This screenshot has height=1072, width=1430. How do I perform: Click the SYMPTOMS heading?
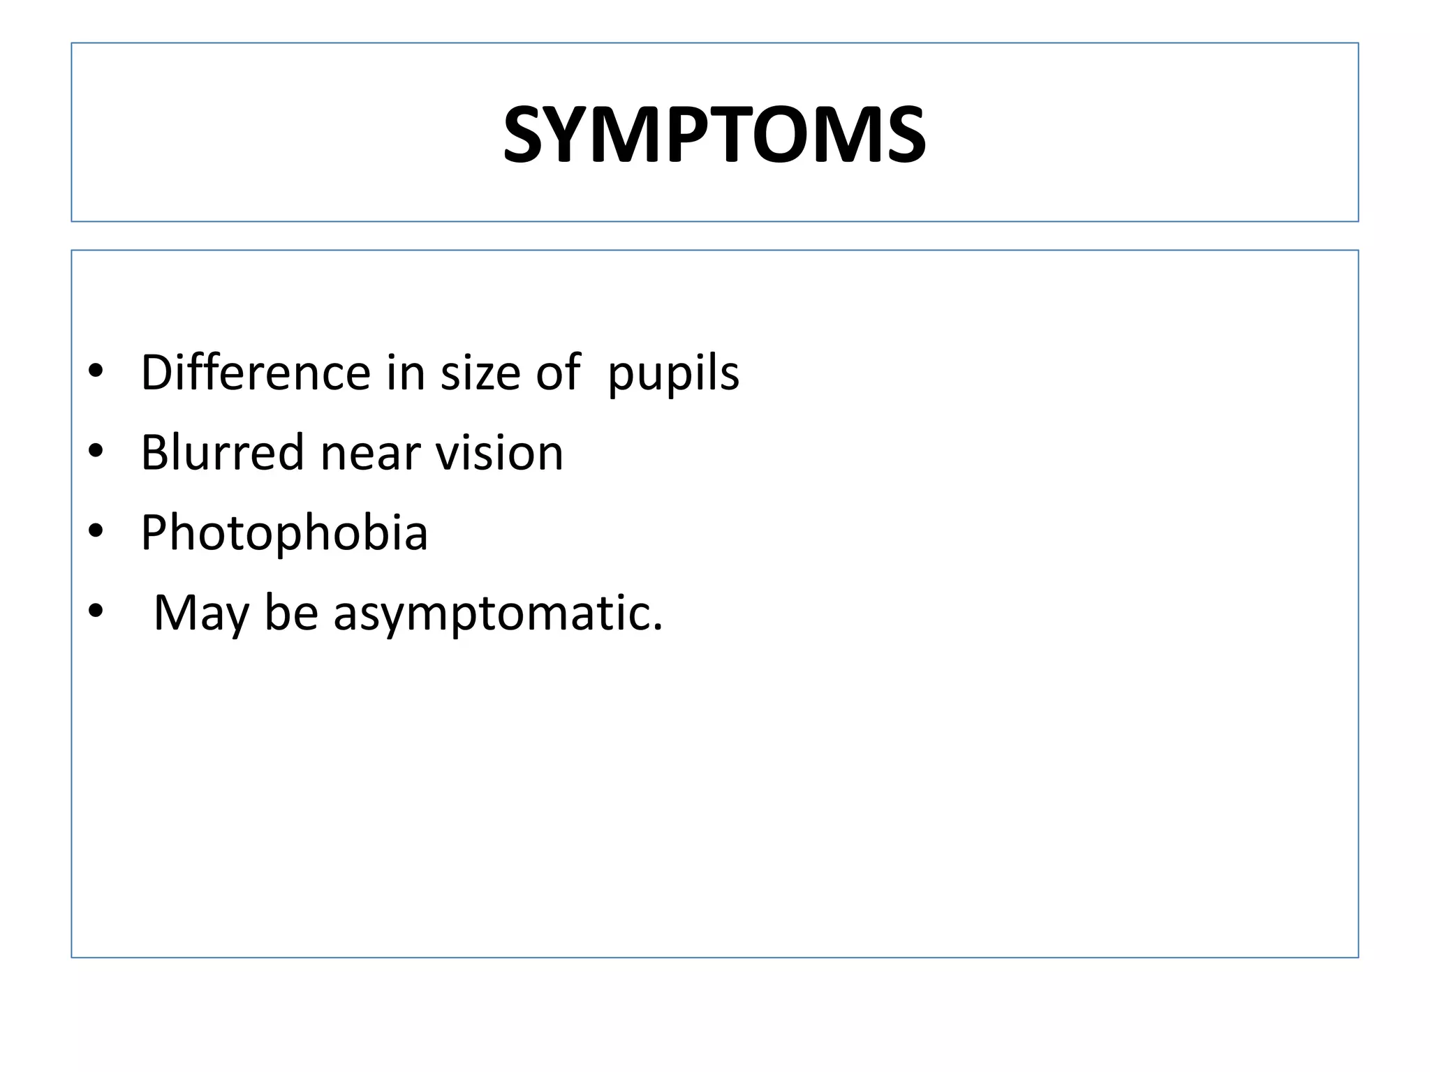click(714, 135)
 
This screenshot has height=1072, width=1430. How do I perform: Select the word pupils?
click(673, 373)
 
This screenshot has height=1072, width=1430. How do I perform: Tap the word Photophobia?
click(284, 533)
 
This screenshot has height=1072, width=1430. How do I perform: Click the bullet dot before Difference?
click(96, 371)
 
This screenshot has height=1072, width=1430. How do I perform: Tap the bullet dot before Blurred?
click(96, 452)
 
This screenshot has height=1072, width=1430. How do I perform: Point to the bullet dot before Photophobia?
click(96, 532)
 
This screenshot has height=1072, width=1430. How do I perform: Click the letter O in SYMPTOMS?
click(794, 135)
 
